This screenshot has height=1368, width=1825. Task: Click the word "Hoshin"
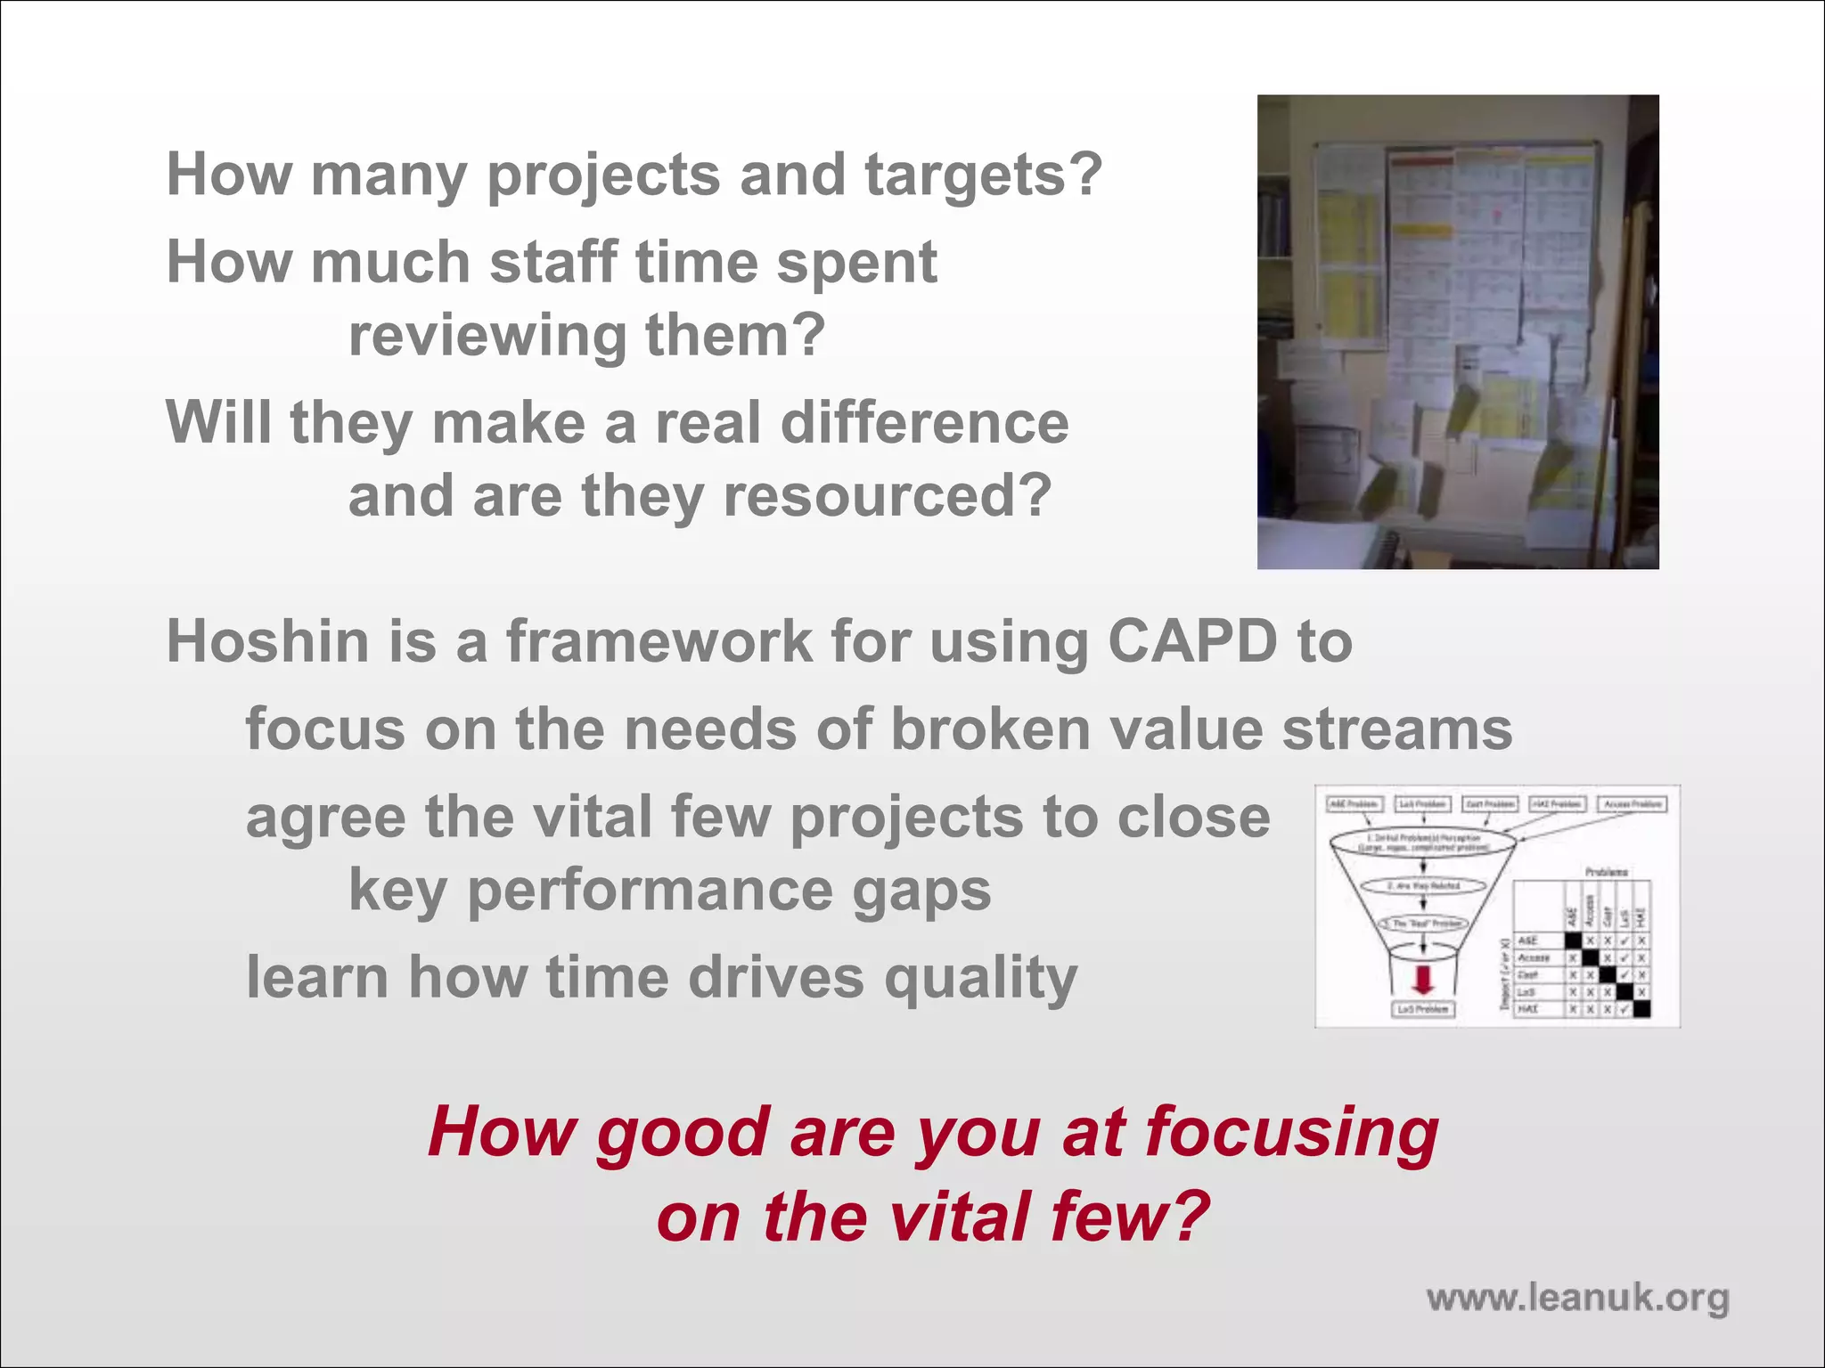point(268,641)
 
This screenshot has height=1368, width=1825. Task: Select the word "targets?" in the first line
point(984,175)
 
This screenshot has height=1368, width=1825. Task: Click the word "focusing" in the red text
point(1291,1133)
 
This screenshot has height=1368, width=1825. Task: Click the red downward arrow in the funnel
point(1423,980)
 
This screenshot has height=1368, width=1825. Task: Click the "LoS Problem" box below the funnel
point(1423,1009)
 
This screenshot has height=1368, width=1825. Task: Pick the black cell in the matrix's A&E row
point(1573,940)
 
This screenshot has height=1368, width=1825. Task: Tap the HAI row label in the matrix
point(1527,1009)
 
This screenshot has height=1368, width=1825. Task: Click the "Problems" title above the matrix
point(1607,871)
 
